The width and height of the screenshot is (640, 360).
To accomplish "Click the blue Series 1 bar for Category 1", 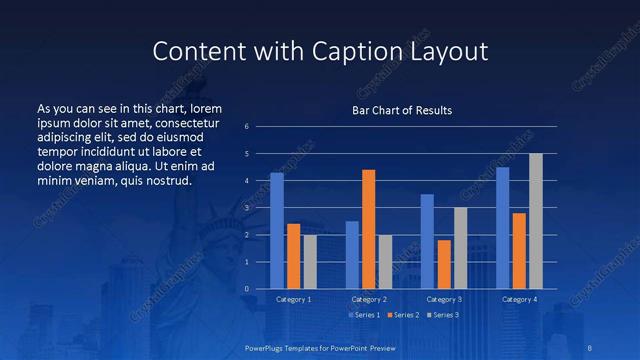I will (277, 231).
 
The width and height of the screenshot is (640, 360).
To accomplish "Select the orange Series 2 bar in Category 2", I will (369, 229).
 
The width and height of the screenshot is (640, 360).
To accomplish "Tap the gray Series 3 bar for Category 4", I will (535, 221).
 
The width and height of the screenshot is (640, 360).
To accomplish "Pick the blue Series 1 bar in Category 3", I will (427, 241).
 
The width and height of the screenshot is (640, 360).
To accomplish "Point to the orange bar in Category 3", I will (444, 264).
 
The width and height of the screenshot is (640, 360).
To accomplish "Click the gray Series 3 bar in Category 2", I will (385, 262).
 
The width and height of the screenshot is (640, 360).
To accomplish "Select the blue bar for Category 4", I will (503, 228).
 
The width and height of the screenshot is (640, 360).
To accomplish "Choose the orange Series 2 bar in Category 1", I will (293, 256).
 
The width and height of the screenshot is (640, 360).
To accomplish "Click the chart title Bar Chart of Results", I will (401, 110).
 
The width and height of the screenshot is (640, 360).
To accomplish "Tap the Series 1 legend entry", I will (363, 315).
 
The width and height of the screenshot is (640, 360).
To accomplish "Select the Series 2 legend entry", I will (402, 315).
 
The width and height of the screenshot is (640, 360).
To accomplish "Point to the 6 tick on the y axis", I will (261, 127).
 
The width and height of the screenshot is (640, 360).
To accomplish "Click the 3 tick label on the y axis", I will (261, 208).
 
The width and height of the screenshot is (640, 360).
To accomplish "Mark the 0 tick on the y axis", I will (261, 289).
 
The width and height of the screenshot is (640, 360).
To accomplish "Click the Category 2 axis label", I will (369, 299).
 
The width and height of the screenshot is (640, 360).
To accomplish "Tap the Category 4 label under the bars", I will (519, 299).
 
